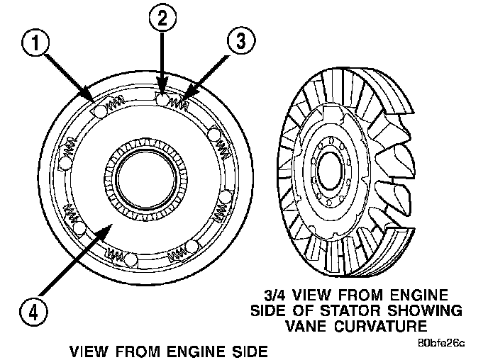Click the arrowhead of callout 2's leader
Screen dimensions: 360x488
(x=162, y=94)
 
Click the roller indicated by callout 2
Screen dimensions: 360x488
(x=163, y=102)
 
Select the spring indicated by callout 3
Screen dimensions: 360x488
(x=179, y=104)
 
